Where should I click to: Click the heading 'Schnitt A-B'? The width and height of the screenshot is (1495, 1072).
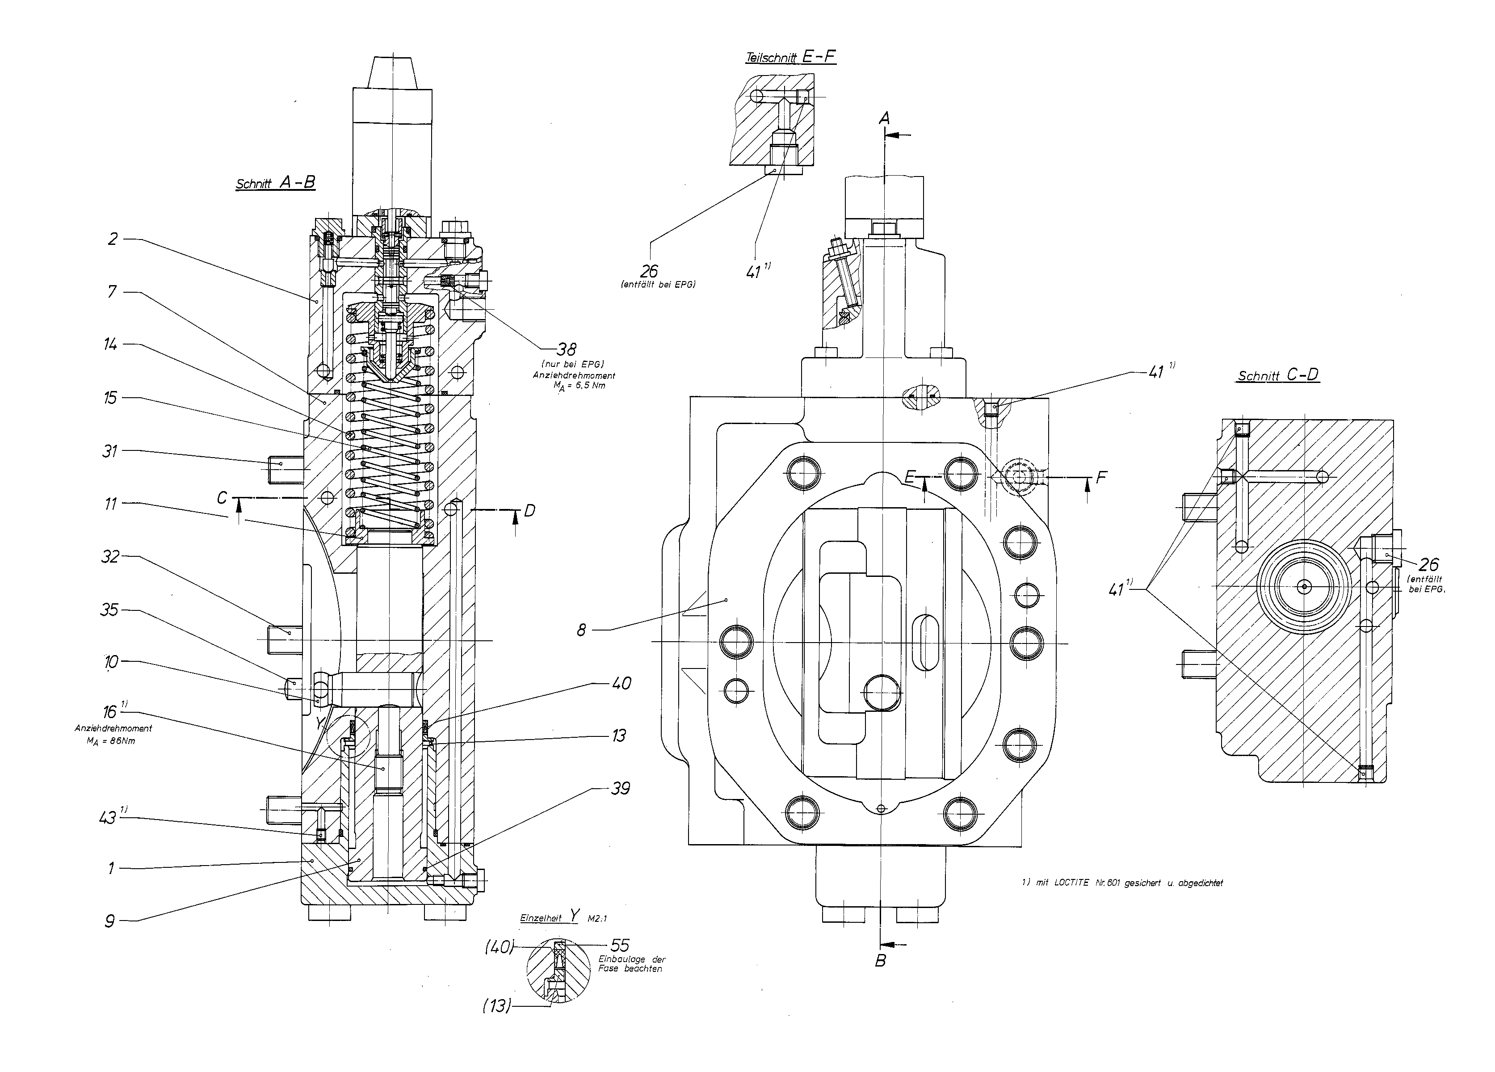pyautogui.click(x=276, y=183)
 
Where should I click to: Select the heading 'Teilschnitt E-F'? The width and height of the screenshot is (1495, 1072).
pyautogui.click(x=790, y=57)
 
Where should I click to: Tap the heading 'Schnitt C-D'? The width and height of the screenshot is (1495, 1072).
pyautogui.click(x=1278, y=375)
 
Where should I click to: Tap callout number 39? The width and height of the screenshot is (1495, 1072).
pyautogui.click(x=620, y=789)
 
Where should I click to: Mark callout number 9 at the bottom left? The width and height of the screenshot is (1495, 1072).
pyautogui.click(x=110, y=921)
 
